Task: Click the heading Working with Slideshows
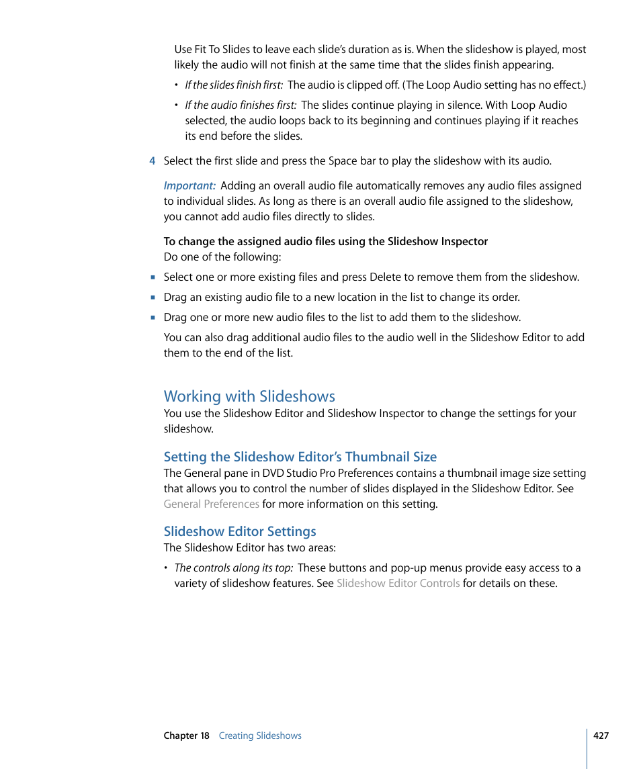pos(249,396)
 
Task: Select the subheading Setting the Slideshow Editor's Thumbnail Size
pos(300,457)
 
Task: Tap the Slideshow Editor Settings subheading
pos(240,532)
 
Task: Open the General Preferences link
pos(211,504)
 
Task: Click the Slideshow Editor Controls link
pos(398,584)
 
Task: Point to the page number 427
pos(601,735)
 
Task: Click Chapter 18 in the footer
pos(186,736)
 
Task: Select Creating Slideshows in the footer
pos(260,736)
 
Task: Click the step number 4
pos(153,161)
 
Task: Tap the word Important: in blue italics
pos(189,186)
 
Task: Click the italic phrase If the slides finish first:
pos(234,85)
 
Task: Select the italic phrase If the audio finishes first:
pos(241,105)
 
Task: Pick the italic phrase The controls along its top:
pos(233,568)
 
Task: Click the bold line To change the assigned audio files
pos(325,242)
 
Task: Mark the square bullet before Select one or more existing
pos(153,277)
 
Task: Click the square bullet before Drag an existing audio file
pos(153,298)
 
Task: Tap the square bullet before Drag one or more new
pos(153,318)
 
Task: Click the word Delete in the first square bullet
pos(398,277)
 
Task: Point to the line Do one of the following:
pos(222,257)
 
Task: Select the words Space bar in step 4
pos(350,161)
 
